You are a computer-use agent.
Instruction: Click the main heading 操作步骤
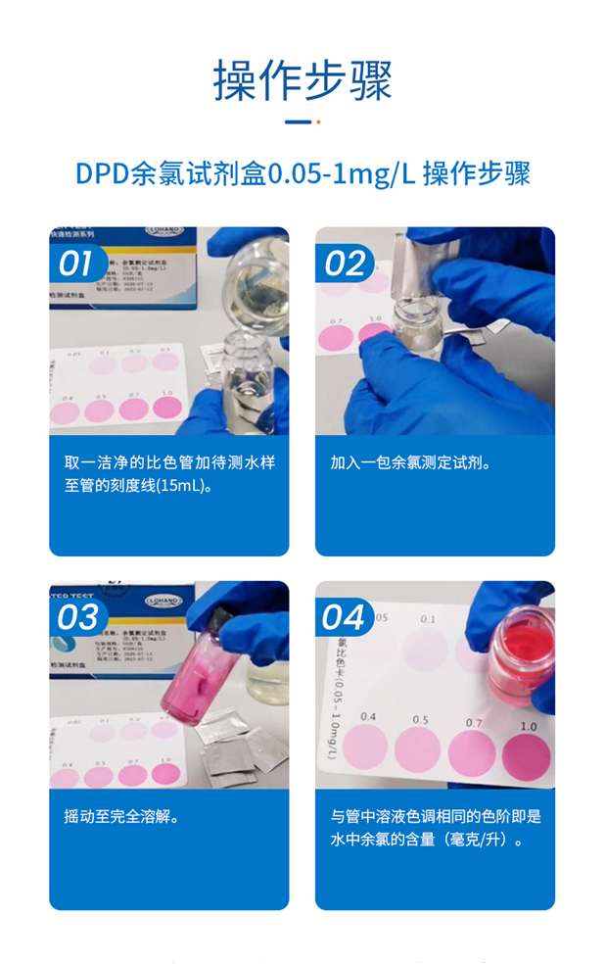point(303,80)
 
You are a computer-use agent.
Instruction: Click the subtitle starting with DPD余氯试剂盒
point(303,174)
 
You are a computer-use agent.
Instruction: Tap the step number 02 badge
point(344,264)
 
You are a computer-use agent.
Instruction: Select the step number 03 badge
point(76,617)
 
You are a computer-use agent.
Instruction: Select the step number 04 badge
point(344,617)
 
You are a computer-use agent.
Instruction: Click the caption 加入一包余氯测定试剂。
point(410,462)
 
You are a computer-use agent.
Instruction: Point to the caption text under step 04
point(435,828)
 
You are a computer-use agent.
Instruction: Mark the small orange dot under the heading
point(318,122)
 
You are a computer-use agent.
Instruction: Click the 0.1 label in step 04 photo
point(428,619)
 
